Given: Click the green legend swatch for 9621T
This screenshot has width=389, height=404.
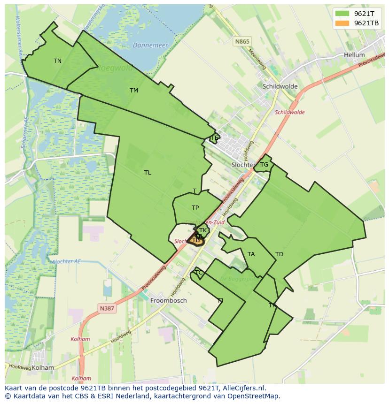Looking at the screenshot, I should point(342,14).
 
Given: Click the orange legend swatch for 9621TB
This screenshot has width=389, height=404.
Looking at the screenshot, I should point(342,23).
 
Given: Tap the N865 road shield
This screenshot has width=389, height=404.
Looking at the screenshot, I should point(242,41).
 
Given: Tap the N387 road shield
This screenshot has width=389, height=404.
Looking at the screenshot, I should point(108,308).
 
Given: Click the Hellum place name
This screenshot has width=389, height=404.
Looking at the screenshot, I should point(354,55).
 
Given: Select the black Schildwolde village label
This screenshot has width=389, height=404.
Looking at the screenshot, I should point(280,86).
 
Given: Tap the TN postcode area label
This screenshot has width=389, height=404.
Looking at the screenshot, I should point(57,61).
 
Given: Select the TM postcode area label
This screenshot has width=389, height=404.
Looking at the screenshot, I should point(134,91).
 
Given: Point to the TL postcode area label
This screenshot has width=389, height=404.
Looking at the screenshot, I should point(148,173).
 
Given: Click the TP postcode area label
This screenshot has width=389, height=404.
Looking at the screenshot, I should point(195,208).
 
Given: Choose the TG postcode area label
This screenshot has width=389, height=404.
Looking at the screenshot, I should point(264,165).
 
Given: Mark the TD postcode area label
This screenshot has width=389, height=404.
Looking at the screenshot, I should point(279,254).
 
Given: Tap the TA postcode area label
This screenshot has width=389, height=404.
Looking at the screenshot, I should point(251,254).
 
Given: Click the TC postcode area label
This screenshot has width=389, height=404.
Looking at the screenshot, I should point(198,273).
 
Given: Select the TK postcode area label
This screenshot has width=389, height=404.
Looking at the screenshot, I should point(202,230).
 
